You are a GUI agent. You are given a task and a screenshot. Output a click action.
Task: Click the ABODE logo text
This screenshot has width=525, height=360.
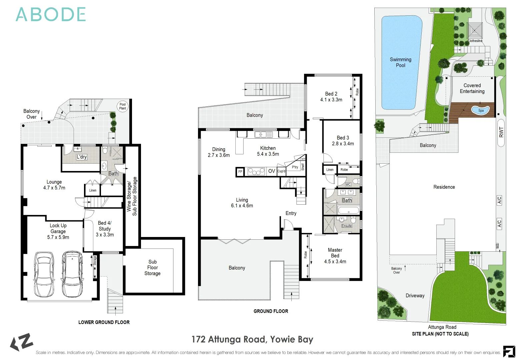pos(51,15)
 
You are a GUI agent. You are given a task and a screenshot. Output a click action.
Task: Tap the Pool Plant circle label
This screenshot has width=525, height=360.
pos(123,106)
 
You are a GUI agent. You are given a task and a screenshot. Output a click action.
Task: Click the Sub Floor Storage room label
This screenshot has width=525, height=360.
pos(152,268)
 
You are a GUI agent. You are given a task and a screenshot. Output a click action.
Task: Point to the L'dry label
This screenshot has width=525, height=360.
pos(82,157)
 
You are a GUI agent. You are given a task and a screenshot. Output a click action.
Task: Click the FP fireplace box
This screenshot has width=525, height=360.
pos(240,172)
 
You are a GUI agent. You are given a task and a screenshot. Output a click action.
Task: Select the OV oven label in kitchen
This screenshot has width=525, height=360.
pos(272,171)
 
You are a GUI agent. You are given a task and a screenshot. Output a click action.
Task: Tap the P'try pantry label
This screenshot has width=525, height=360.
pos(295,167)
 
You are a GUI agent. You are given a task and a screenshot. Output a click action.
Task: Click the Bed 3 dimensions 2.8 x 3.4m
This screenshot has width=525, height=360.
pos(343,144)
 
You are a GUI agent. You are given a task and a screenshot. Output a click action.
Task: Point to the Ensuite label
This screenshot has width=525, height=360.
pos(347,226)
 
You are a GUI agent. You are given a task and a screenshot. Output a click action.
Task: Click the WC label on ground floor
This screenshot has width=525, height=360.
pos(348,184)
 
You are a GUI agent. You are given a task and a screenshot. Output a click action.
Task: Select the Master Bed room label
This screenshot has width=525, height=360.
pos(335,253)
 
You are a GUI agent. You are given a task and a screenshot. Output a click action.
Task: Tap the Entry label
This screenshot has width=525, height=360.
pos(291,213)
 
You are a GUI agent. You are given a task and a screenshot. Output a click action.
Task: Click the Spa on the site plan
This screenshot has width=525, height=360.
pos(480,110)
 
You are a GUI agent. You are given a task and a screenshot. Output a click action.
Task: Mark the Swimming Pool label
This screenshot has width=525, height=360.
pos(401,62)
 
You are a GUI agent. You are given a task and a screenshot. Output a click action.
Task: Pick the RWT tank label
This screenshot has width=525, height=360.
pos(501,132)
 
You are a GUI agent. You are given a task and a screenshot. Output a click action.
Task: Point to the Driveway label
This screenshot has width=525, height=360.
pos(415,296)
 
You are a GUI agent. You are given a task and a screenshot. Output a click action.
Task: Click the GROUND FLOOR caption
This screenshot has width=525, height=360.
pos(271,311)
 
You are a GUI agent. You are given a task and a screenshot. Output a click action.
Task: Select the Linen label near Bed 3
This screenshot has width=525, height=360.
pos(330,170)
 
